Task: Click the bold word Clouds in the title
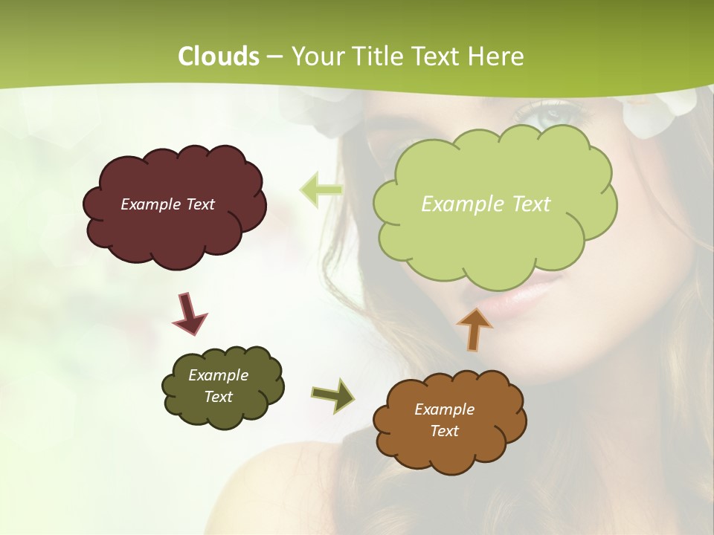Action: pyautogui.click(x=219, y=56)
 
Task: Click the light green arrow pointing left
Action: pyautogui.click(x=321, y=190)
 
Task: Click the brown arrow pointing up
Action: pyautogui.click(x=474, y=328)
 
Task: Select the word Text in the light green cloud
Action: pyautogui.click(x=527, y=204)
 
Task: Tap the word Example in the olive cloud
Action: pyautogui.click(x=218, y=375)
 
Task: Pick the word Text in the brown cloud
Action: pyautogui.click(x=444, y=431)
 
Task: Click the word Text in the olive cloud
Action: pyautogui.click(x=218, y=397)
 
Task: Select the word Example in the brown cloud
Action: pyautogui.click(x=444, y=409)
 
